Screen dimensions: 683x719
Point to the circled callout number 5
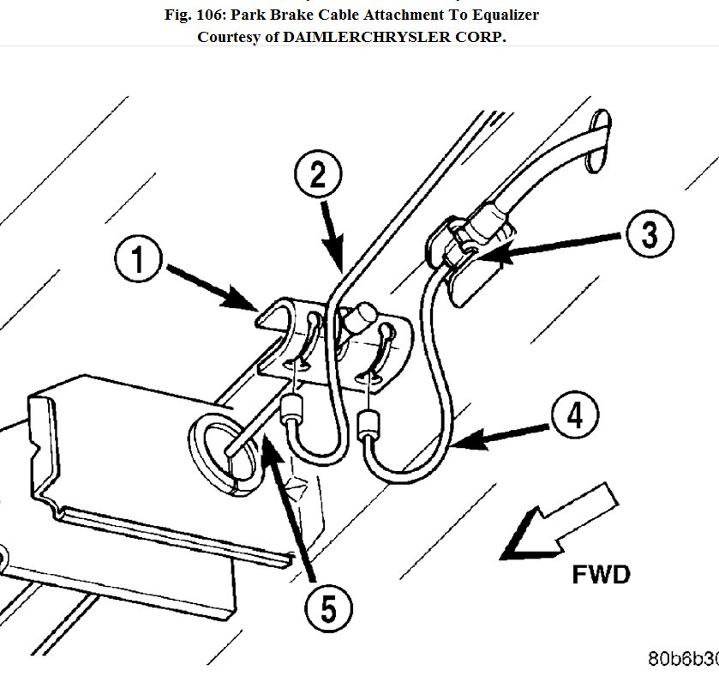(x=328, y=611)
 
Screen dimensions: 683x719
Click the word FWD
(x=601, y=573)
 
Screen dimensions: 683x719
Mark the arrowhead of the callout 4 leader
(x=454, y=444)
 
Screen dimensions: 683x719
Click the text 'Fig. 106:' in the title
(x=198, y=15)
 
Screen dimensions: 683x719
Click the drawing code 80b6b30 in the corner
(x=682, y=659)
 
